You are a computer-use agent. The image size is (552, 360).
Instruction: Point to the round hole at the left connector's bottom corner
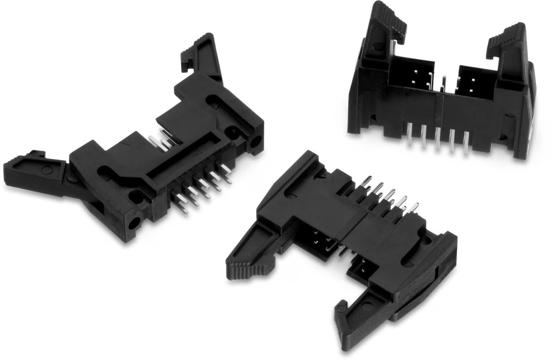(134, 224)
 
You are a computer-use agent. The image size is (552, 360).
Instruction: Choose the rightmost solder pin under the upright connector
(466, 146)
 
